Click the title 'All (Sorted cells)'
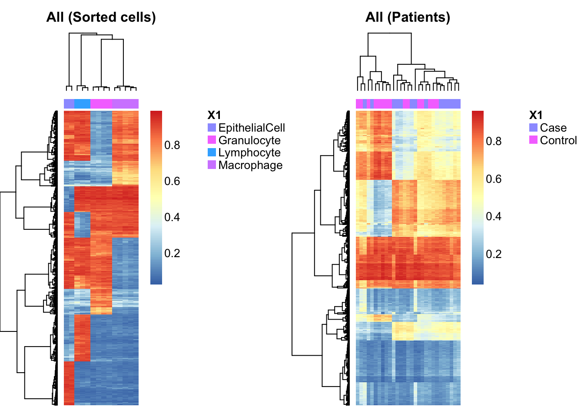coord(101,17)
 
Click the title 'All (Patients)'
coord(408,17)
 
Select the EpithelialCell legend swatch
coord(212,127)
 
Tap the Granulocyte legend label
coord(249,140)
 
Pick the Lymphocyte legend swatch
coord(212,152)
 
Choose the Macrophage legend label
coord(251,165)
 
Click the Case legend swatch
coord(534,127)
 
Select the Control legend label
coord(558,140)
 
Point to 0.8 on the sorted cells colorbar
coord(172,145)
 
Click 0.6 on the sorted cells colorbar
coord(172,181)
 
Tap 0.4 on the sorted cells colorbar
coord(172,217)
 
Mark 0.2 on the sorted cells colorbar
coord(172,253)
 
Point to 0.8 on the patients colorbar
coord(494,141)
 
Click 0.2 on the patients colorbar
coord(494,254)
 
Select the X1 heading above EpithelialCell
coord(214,115)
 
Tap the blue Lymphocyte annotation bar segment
coord(83,104)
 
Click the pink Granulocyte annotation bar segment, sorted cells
coord(101,104)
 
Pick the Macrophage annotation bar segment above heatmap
coord(125,104)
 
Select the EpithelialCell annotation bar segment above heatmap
coord(69,104)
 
